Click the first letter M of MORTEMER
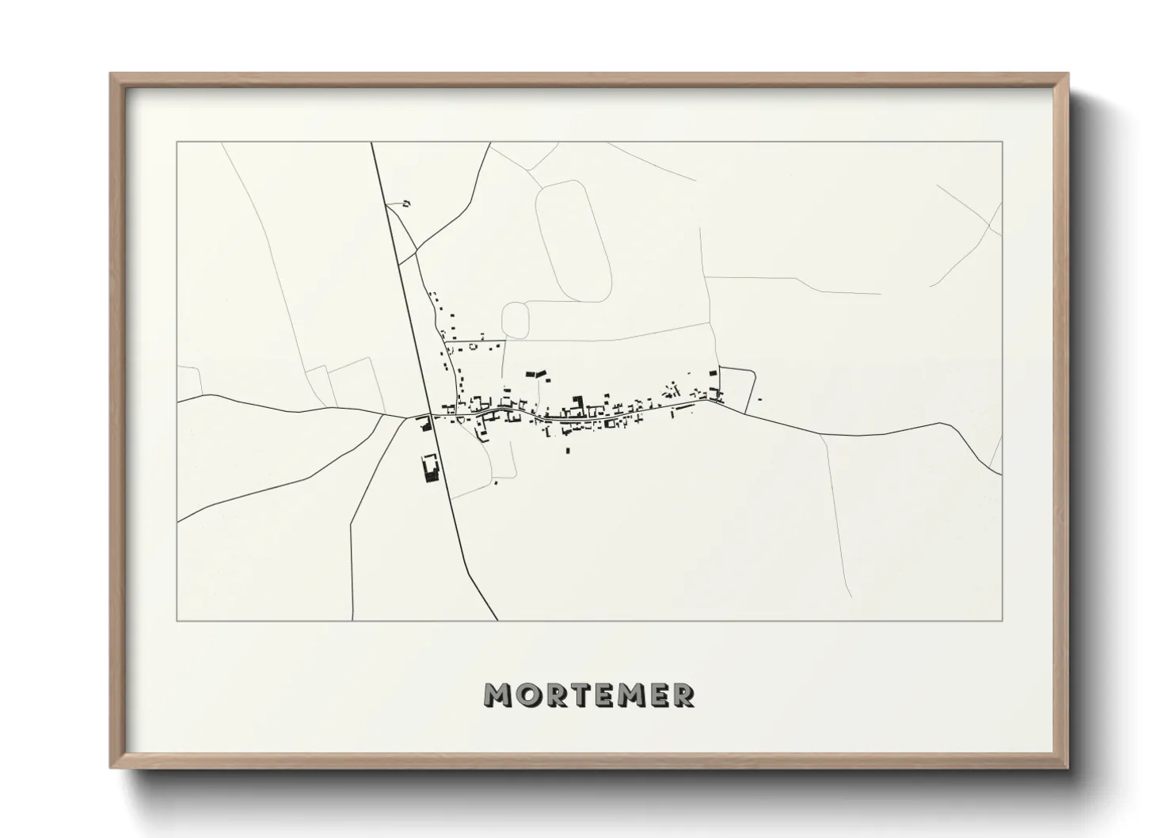497,695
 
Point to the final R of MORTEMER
682,695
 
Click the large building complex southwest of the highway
431,467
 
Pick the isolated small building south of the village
567,451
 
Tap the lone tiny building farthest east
759,398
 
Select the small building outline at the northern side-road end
407,204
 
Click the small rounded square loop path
516,318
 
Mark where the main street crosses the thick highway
430,416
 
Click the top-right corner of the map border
1002,142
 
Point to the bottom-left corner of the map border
177,620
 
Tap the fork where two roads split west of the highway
385,414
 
